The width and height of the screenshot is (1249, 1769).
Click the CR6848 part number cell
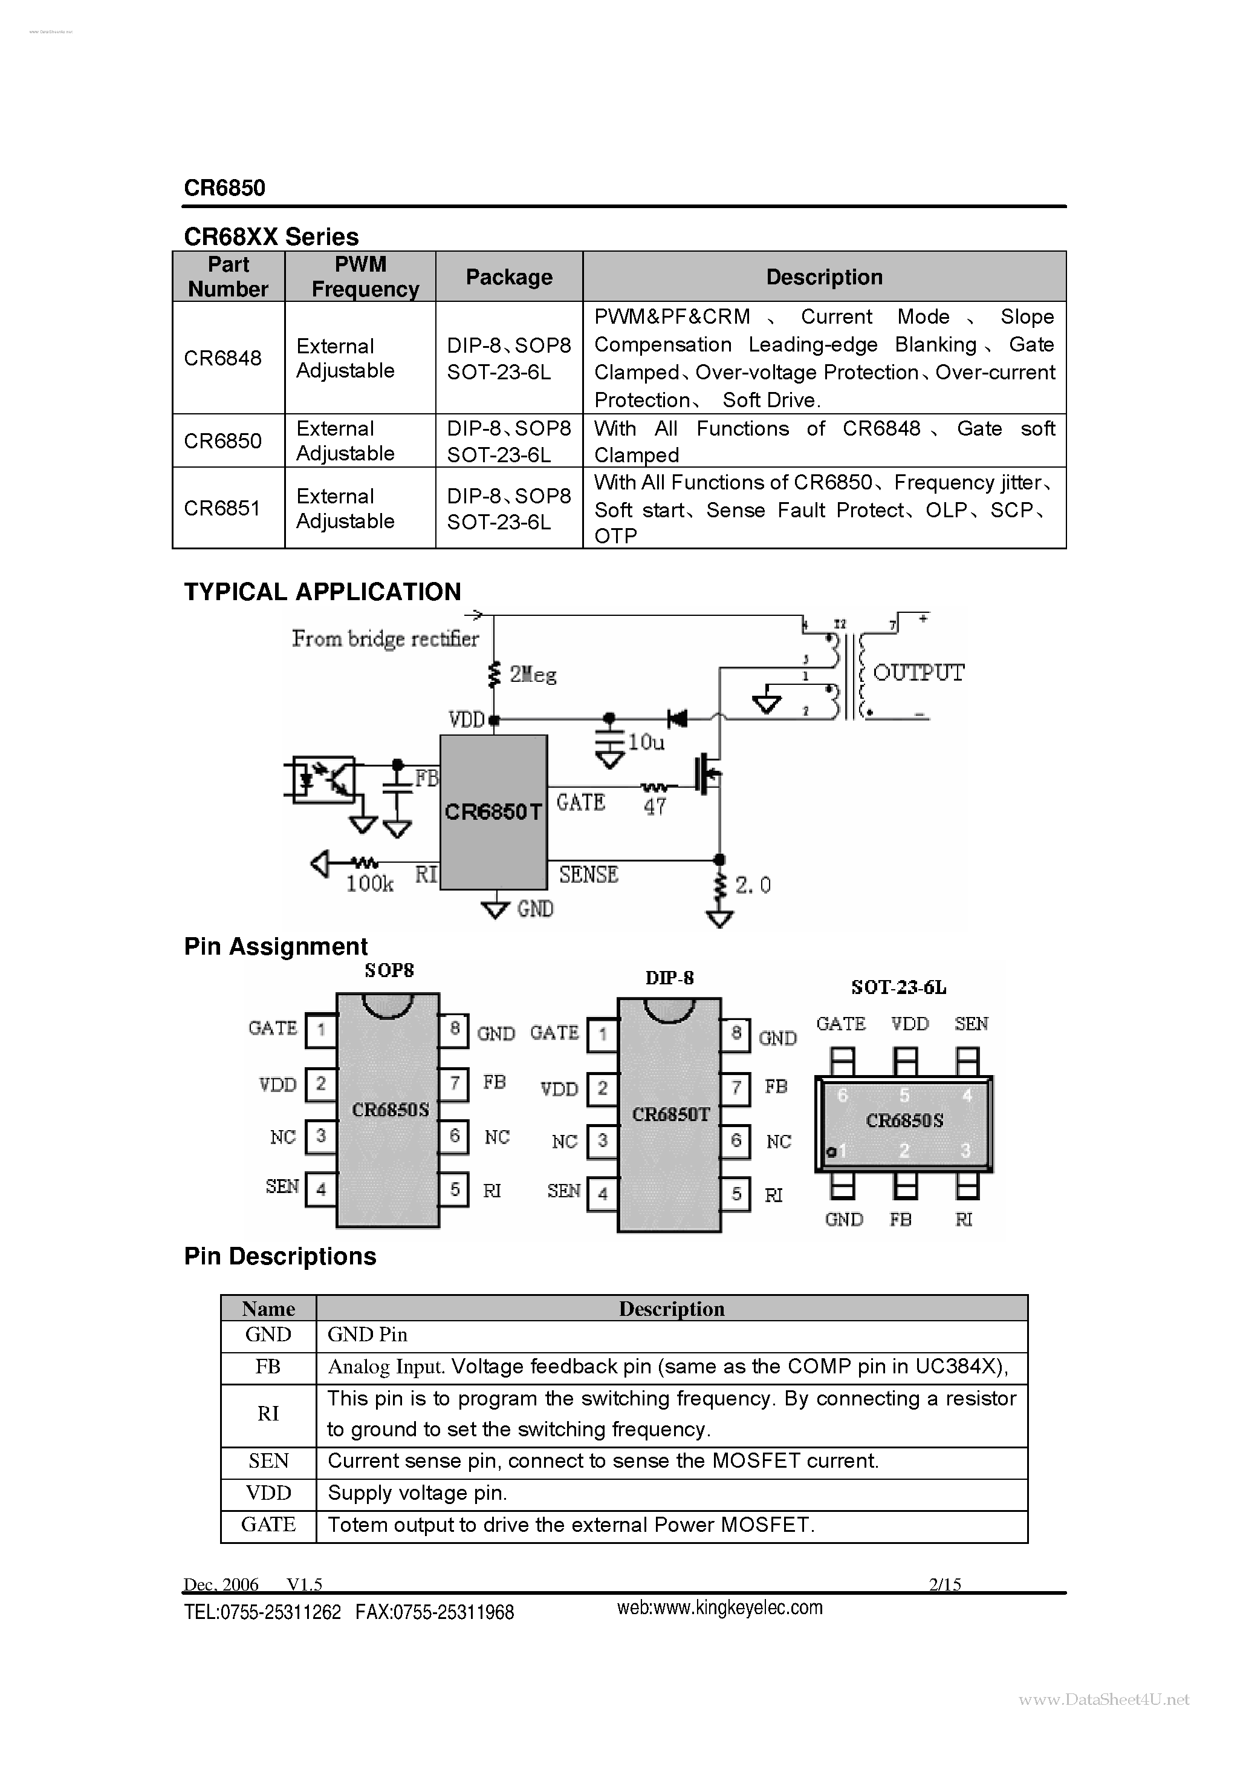(223, 358)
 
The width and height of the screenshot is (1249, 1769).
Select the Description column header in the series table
(824, 276)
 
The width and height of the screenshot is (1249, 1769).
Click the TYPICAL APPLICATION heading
(322, 592)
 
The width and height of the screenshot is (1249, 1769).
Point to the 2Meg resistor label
(533, 675)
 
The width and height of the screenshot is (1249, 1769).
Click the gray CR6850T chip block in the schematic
(493, 812)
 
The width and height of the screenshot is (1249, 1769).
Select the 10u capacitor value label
(645, 742)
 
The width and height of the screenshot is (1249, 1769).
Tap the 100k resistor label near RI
(369, 884)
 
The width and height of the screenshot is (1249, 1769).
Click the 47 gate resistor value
(655, 806)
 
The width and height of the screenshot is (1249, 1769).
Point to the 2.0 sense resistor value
(752, 885)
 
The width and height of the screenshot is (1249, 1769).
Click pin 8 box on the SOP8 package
(455, 1028)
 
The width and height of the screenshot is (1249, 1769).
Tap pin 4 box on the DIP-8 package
(602, 1194)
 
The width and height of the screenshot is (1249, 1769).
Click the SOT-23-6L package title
(898, 987)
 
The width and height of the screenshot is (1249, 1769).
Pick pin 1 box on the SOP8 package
(320, 1029)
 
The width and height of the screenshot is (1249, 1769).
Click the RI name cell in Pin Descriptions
(268, 1413)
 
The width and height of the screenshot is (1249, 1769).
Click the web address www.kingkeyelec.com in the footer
(719, 1607)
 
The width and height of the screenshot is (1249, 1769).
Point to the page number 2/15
(945, 1584)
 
